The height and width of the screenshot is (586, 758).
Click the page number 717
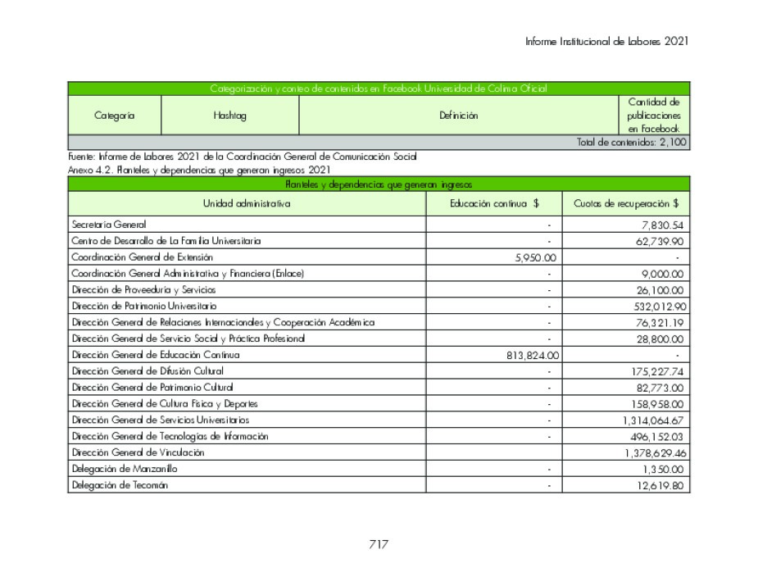[378, 544]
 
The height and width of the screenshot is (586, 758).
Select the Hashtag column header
[229, 116]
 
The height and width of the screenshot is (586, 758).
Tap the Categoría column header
[115, 116]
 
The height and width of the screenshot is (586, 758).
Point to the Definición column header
[458, 116]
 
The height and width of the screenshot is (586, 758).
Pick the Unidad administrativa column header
[247, 203]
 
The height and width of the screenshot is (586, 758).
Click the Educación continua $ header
[493, 203]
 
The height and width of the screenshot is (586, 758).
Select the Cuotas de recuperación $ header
[626, 203]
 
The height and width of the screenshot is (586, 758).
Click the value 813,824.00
[529, 355]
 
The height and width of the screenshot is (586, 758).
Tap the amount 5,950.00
[533, 257]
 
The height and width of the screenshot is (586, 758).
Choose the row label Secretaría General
[109, 224]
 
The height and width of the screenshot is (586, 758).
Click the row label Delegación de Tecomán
[120, 485]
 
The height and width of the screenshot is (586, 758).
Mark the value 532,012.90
[658, 306]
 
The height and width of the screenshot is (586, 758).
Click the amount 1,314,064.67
[654, 420]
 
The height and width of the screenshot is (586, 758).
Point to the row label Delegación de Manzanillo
[124, 469]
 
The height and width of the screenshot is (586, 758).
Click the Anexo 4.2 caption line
[200, 170]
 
